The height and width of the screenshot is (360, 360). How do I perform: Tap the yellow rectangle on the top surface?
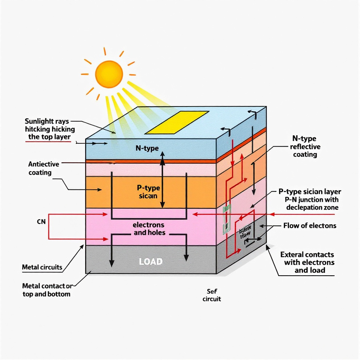(177, 122)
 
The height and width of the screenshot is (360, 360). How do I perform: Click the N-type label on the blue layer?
(147, 148)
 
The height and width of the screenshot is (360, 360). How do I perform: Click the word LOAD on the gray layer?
(151, 262)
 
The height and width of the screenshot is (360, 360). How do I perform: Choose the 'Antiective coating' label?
(44, 168)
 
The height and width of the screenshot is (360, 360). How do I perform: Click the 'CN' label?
(41, 222)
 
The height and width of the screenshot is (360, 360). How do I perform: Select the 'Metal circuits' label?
(42, 267)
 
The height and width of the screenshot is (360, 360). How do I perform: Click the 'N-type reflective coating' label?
(304, 146)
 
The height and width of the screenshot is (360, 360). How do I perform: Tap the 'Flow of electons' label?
(310, 225)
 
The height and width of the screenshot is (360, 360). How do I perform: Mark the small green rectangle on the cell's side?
(226, 219)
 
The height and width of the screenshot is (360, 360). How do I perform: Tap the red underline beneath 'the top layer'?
(49, 142)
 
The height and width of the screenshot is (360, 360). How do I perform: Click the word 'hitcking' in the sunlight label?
(36, 129)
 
